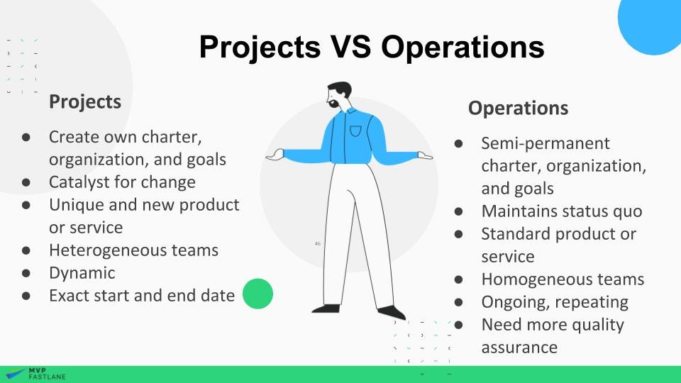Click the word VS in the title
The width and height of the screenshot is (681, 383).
pos(348,47)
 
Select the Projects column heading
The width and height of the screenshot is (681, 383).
pos(84,101)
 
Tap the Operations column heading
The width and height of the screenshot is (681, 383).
pos(518,108)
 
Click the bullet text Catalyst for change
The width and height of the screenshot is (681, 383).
pos(122,182)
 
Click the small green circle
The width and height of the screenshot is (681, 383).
pos(258,294)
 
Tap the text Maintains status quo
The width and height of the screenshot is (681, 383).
pos(562,211)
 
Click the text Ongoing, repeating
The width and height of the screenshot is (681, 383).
pos(555,302)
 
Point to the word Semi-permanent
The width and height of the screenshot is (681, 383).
pos(546,143)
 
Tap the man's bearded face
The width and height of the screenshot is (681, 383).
pos(338,97)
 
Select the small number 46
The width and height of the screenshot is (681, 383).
pos(317,243)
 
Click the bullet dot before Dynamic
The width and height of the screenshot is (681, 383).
pos(26,273)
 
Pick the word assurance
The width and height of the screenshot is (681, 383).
pos(519,348)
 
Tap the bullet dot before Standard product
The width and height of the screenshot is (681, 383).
pos(459,234)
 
